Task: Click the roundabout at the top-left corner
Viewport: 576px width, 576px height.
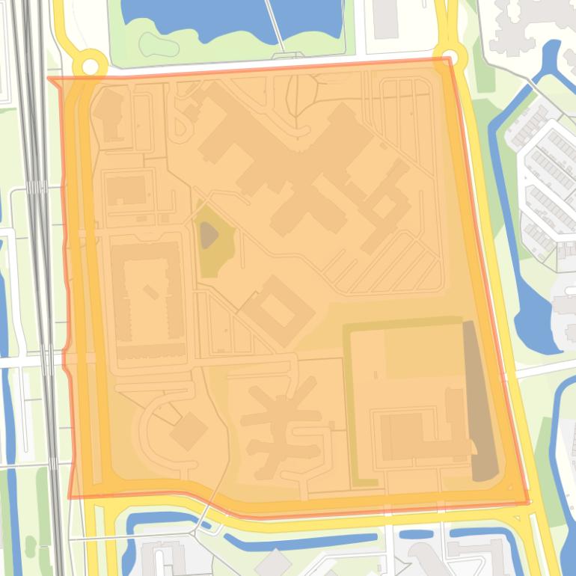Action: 90,67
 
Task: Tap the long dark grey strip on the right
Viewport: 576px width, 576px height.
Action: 479,400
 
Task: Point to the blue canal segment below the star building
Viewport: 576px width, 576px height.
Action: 299,541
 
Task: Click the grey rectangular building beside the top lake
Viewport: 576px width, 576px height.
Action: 386,19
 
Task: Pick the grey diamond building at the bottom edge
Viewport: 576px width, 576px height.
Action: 272,563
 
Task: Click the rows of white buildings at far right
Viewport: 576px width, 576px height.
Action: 550,180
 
